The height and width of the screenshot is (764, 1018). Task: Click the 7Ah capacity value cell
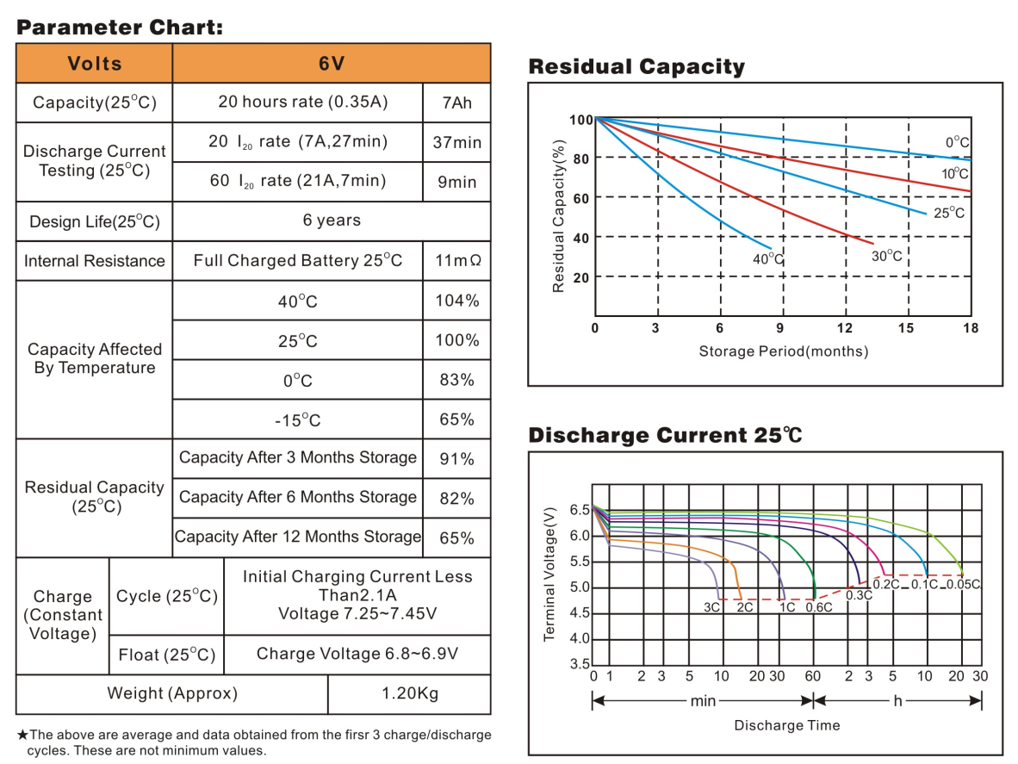click(456, 102)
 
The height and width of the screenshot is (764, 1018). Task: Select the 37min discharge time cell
click(456, 142)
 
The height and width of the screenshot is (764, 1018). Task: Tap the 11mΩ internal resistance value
click(456, 260)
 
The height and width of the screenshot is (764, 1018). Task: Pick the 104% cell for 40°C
click(456, 301)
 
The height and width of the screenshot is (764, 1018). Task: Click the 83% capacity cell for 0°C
click(456, 380)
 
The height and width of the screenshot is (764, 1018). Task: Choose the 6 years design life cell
click(332, 221)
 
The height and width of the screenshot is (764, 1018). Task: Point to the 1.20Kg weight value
click(409, 693)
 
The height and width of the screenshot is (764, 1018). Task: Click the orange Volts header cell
click(95, 64)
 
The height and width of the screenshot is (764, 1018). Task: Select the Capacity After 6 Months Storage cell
click(298, 497)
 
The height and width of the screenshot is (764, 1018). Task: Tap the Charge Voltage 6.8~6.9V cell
click(357, 654)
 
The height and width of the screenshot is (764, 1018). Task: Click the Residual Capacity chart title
click(636, 67)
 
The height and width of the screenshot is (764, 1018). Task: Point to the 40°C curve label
click(768, 258)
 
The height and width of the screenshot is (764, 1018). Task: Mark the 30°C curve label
click(887, 256)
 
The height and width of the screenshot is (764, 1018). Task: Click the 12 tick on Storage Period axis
click(846, 328)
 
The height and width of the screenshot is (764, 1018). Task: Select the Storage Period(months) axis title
click(783, 351)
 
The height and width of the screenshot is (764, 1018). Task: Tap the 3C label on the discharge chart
click(711, 606)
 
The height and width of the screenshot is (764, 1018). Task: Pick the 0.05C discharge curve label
click(963, 585)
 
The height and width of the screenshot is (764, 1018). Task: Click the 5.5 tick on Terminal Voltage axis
click(579, 562)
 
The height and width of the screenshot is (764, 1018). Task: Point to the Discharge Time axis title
click(786, 725)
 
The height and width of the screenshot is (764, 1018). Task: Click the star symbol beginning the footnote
click(22, 736)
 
